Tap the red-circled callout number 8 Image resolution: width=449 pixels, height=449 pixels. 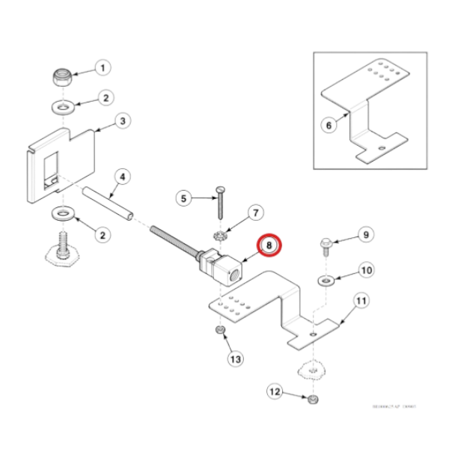point(268,245)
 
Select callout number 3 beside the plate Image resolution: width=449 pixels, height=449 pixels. point(122,120)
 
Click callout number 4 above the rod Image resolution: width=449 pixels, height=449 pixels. point(122,177)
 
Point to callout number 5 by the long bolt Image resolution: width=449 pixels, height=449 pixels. point(183,199)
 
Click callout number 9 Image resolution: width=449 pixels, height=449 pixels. point(365,234)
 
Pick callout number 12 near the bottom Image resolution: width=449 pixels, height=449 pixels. point(275,391)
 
